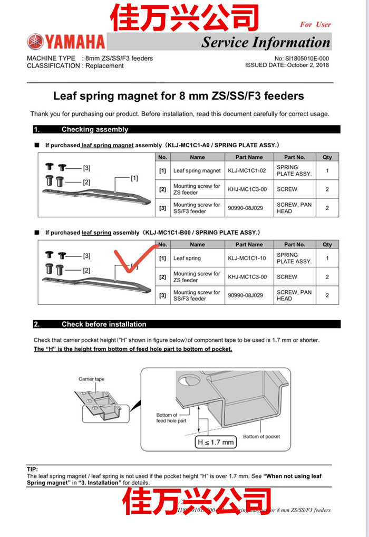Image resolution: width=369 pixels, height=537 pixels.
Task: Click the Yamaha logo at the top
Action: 66,41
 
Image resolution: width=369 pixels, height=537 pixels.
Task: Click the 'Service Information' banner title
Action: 266,42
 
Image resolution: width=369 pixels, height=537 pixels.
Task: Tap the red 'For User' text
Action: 315,24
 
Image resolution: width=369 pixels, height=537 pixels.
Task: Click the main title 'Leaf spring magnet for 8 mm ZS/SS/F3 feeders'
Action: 179,96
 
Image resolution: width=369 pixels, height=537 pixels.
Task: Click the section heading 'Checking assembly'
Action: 95,129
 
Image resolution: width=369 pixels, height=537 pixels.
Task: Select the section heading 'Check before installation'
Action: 104,324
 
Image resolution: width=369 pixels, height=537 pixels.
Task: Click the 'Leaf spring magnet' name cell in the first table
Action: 197,170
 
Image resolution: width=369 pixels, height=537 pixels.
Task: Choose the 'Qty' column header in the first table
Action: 327,157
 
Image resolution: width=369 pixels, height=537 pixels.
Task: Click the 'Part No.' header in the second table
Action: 295,245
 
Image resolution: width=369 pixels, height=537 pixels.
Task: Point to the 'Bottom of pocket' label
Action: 261,436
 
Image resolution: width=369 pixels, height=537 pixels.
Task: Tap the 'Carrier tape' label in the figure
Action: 91,379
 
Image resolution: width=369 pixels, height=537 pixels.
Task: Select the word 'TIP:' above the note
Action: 33,469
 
